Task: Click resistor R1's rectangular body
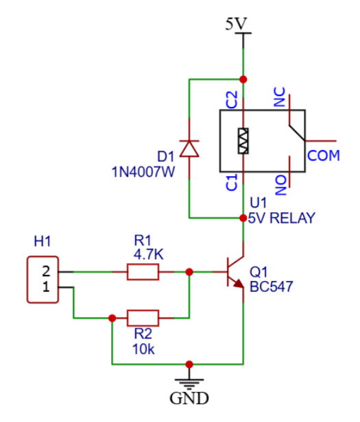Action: (143, 272)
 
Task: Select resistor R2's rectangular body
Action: (143, 318)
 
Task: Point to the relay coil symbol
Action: (243, 140)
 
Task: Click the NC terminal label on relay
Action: (280, 99)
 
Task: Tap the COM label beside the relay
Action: (324, 156)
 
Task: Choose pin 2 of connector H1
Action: (46, 271)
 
